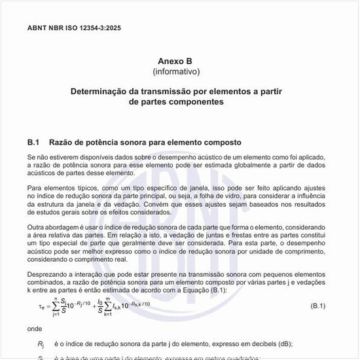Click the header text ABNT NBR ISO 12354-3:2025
tap(74, 28)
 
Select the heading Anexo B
tap(175, 60)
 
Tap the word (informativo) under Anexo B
tap(175, 71)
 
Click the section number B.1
tap(35, 142)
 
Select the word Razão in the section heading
tap(63, 142)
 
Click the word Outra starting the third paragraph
tap(37, 226)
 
